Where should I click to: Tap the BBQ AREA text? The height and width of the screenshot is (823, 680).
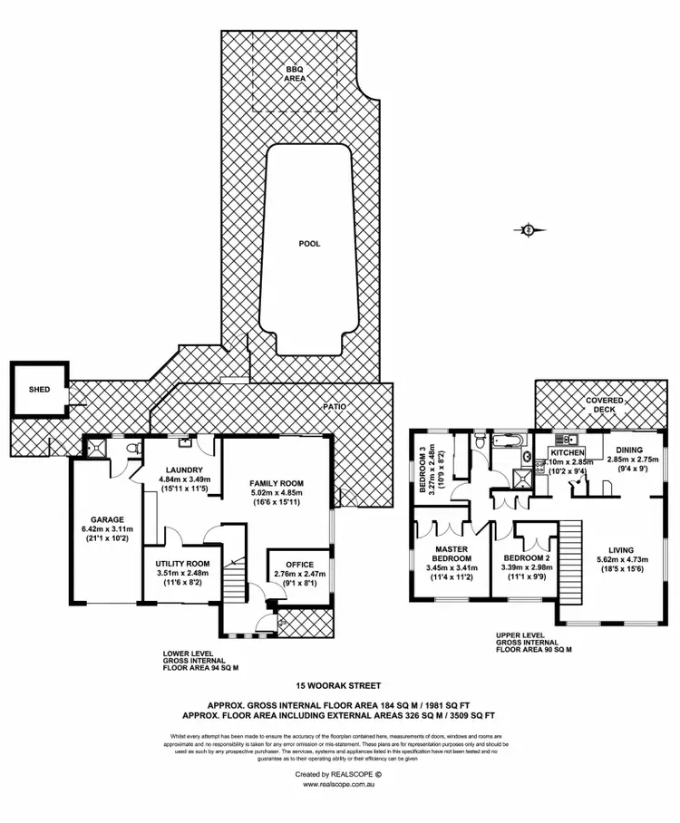point(295,74)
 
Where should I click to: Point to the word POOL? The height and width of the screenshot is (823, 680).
point(309,243)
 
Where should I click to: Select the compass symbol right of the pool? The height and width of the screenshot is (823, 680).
point(528,230)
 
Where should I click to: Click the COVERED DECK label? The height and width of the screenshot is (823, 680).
point(603,404)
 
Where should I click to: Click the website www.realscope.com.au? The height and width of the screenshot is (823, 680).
point(339,784)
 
